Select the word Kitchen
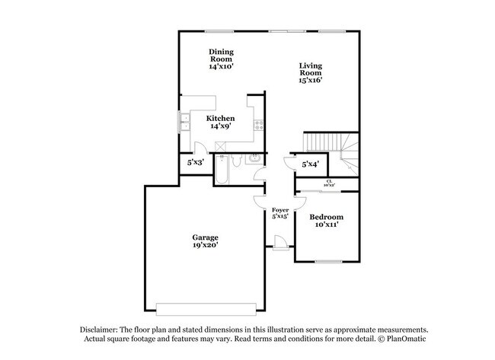click(x=221, y=119)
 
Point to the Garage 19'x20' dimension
click(x=206, y=247)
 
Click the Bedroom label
click(x=325, y=217)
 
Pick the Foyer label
click(x=279, y=209)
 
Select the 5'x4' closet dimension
click(x=311, y=164)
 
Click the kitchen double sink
click(x=184, y=120)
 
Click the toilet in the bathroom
click(x=237, y=162)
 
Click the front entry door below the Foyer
click(x=279, y=242)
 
